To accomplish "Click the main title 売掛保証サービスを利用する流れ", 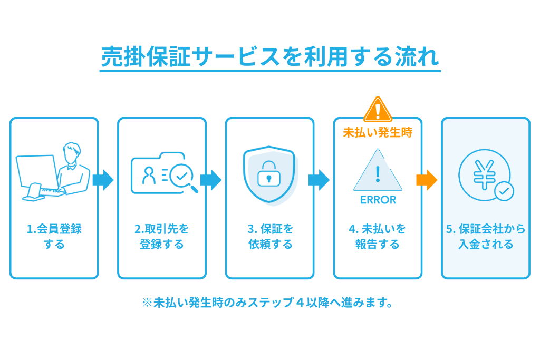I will pyautogui.click(x=270, y=56).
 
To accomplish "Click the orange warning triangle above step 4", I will pyautogui.click(x=378, y=110).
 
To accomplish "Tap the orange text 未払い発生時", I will pyautogui.click(x=378, y=133).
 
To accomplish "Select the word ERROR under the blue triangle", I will pyautogui.click(x=378, y=200).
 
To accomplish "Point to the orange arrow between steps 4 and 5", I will pyautogui.click(x=427, y=180).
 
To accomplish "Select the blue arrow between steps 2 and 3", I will pyautogui.click(x=211, y=180).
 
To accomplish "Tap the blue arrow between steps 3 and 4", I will pyautogui.click(x=319, y=180).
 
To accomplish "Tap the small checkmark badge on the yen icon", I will pyautogui.click(x=504, y=192).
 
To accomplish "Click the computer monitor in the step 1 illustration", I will pyautogui.click(x=36, y=174).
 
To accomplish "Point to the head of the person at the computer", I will pyautogui.click(x=72, y=153).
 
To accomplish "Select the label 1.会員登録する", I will pyautogui.click(x=54, y=237).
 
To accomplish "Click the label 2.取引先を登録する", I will pyautogui.click(x=162, y=237).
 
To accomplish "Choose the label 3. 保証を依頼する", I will pyautogui.click(x=270, y=237).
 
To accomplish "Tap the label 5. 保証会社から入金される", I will pyautogui.click(x=486, y=237).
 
